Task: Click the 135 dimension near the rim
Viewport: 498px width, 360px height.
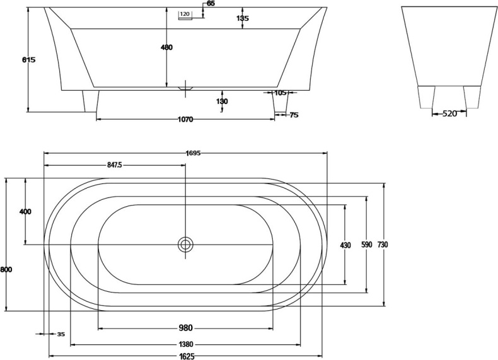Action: pyautogui.click(x=243, y=18)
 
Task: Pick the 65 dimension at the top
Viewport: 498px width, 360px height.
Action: pyautogui.click(x=211, y=4)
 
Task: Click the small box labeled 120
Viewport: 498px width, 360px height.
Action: pyautogui.click(x=185, y=14)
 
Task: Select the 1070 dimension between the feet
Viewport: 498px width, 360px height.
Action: pyautogui.click(x=185, y=119)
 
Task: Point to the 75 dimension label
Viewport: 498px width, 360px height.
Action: pyautogui.click(x=294, y=115)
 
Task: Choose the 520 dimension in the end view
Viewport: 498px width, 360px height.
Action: pyautogui.click(x=449, y=113)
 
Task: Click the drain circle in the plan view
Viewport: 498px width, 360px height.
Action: pyautogui.click(x=185, y=245)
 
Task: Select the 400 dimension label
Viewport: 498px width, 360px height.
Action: pyautogui.click(x=25, y=212)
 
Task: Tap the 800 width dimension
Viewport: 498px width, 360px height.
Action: pyautogui.click(x=6, y=269)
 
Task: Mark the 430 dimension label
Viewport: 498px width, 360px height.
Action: pyautogui.click(x=345, y=245)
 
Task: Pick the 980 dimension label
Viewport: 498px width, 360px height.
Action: pyautogui.click(x=185, y=328)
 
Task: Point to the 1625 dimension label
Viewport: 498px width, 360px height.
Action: pyautogui.click(x=185, y=356)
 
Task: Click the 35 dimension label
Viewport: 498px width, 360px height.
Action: pyautogui.click(x=61, y=334)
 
